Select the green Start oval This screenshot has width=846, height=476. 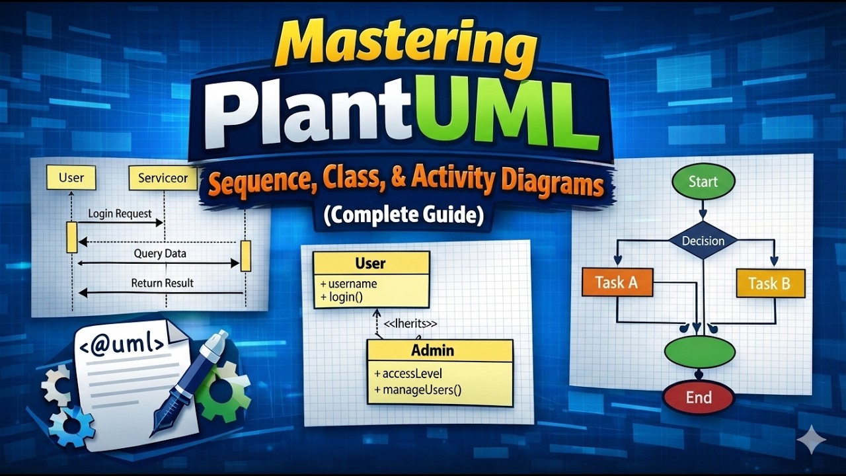coord(703,182)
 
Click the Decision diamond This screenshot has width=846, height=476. coord(703,241)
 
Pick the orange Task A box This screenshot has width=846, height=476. coord(617,282)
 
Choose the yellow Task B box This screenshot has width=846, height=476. coord(771,284)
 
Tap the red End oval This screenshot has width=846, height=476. coord(699,397)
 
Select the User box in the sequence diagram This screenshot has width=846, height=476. coord(71,177)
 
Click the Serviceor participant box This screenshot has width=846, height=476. coord(163,178)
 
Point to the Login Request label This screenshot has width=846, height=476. coord(120,214)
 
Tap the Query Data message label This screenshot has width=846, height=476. coord(160,253)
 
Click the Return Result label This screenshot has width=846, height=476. coord(162,283)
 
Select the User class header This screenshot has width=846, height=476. coord(371,263)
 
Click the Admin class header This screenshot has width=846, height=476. coord(440,350)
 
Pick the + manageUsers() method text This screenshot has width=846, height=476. coord(418,389)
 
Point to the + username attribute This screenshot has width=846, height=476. coord(348,284)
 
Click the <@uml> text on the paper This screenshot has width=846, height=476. coord(122,344)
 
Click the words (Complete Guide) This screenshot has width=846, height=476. coord(404,216)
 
